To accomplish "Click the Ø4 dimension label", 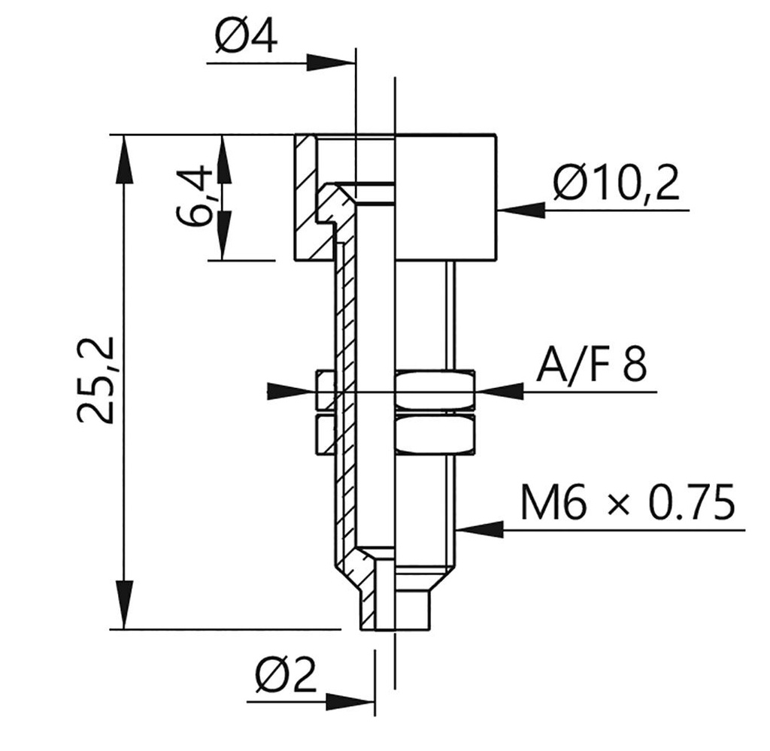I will click(x=245, y=36).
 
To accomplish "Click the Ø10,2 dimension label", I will click(x=616, y=183).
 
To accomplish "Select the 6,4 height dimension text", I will click(x=192, y=198).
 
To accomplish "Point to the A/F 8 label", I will click(x=590, y=368).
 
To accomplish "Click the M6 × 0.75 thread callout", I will click(x=627, y=504).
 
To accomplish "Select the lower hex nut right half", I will click(x=435, y=434).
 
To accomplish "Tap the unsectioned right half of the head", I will click(x=445, y=197).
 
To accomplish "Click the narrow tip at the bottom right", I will click(x=412, y=610).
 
